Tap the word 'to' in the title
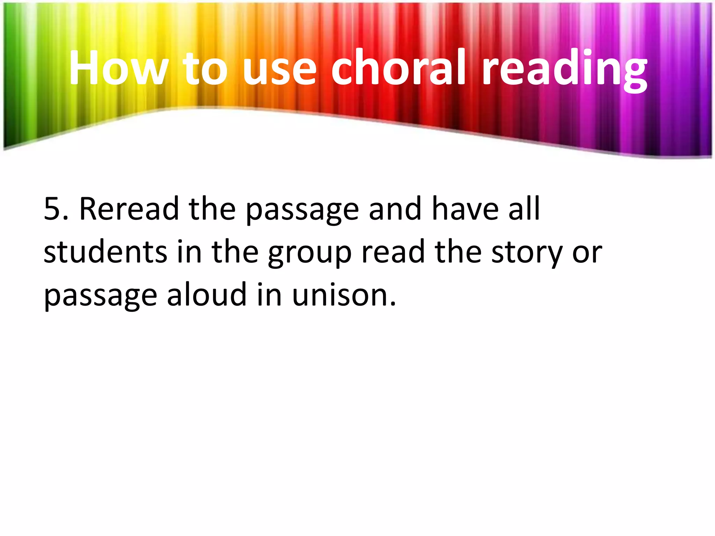[x=205, y=68]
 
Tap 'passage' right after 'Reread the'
[x=302, y=211]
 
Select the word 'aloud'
[x=207, y=294]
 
